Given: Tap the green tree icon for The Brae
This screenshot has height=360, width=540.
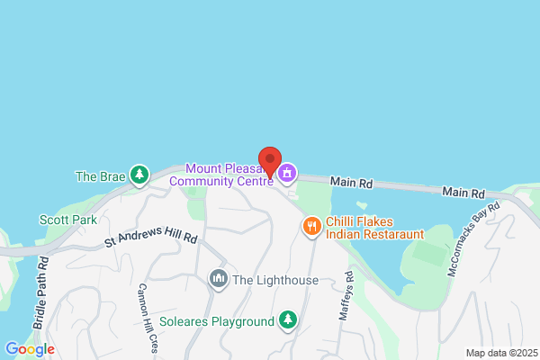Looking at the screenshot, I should click(x=139, y=175).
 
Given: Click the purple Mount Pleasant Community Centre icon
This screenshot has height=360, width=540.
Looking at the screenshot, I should click(x=287, y=173).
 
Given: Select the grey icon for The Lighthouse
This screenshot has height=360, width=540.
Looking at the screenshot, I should click(x=218, y=280).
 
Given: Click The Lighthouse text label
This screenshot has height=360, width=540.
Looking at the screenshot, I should click(x=274, y=280).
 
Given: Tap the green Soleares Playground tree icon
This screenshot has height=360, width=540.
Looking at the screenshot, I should click(x=287, y=319).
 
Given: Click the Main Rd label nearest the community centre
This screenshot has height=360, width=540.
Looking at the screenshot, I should click(x=352, y=181).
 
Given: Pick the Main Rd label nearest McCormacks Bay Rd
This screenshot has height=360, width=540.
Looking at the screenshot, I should click(x=464, y=193).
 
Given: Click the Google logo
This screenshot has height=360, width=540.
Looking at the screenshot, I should click(x=30, y=349).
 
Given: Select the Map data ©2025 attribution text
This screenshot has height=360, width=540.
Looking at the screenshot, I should click(x=499, y=353).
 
